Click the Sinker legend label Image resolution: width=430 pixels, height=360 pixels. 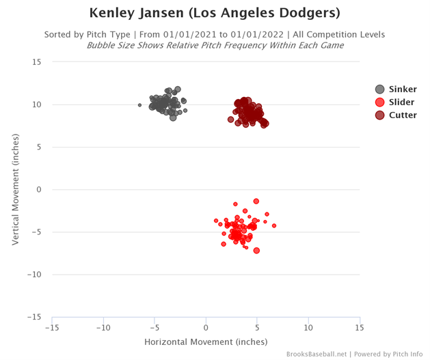[x=403, y=89]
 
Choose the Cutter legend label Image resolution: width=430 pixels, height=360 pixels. [x=403, y=115]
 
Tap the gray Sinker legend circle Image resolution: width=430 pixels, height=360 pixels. [x=380, y=89]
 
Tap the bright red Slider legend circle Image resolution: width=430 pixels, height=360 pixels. [x=380, y=102]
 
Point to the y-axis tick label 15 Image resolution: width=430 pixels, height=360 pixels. [x=37, y=62]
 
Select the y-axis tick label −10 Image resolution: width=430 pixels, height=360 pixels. [x=34, y=275]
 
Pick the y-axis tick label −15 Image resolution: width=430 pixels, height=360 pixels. [x=34, y=317]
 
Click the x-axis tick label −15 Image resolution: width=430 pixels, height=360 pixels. [x=51, y=327]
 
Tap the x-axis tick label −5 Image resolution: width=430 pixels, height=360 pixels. [x=154, y=327]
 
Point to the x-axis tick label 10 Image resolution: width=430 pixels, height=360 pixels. [x=308, y=327]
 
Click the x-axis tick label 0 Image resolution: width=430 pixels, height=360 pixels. [x=206, y=327]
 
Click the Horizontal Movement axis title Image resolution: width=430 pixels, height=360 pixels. [x=206, y=341]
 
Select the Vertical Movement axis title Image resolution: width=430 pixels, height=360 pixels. [x=15, y=189]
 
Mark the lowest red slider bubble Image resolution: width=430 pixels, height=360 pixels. [x=256, y=250]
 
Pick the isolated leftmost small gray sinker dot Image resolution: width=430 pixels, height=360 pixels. [x=139, y=105]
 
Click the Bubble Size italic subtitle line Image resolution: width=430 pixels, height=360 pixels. [x=215, y=45]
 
